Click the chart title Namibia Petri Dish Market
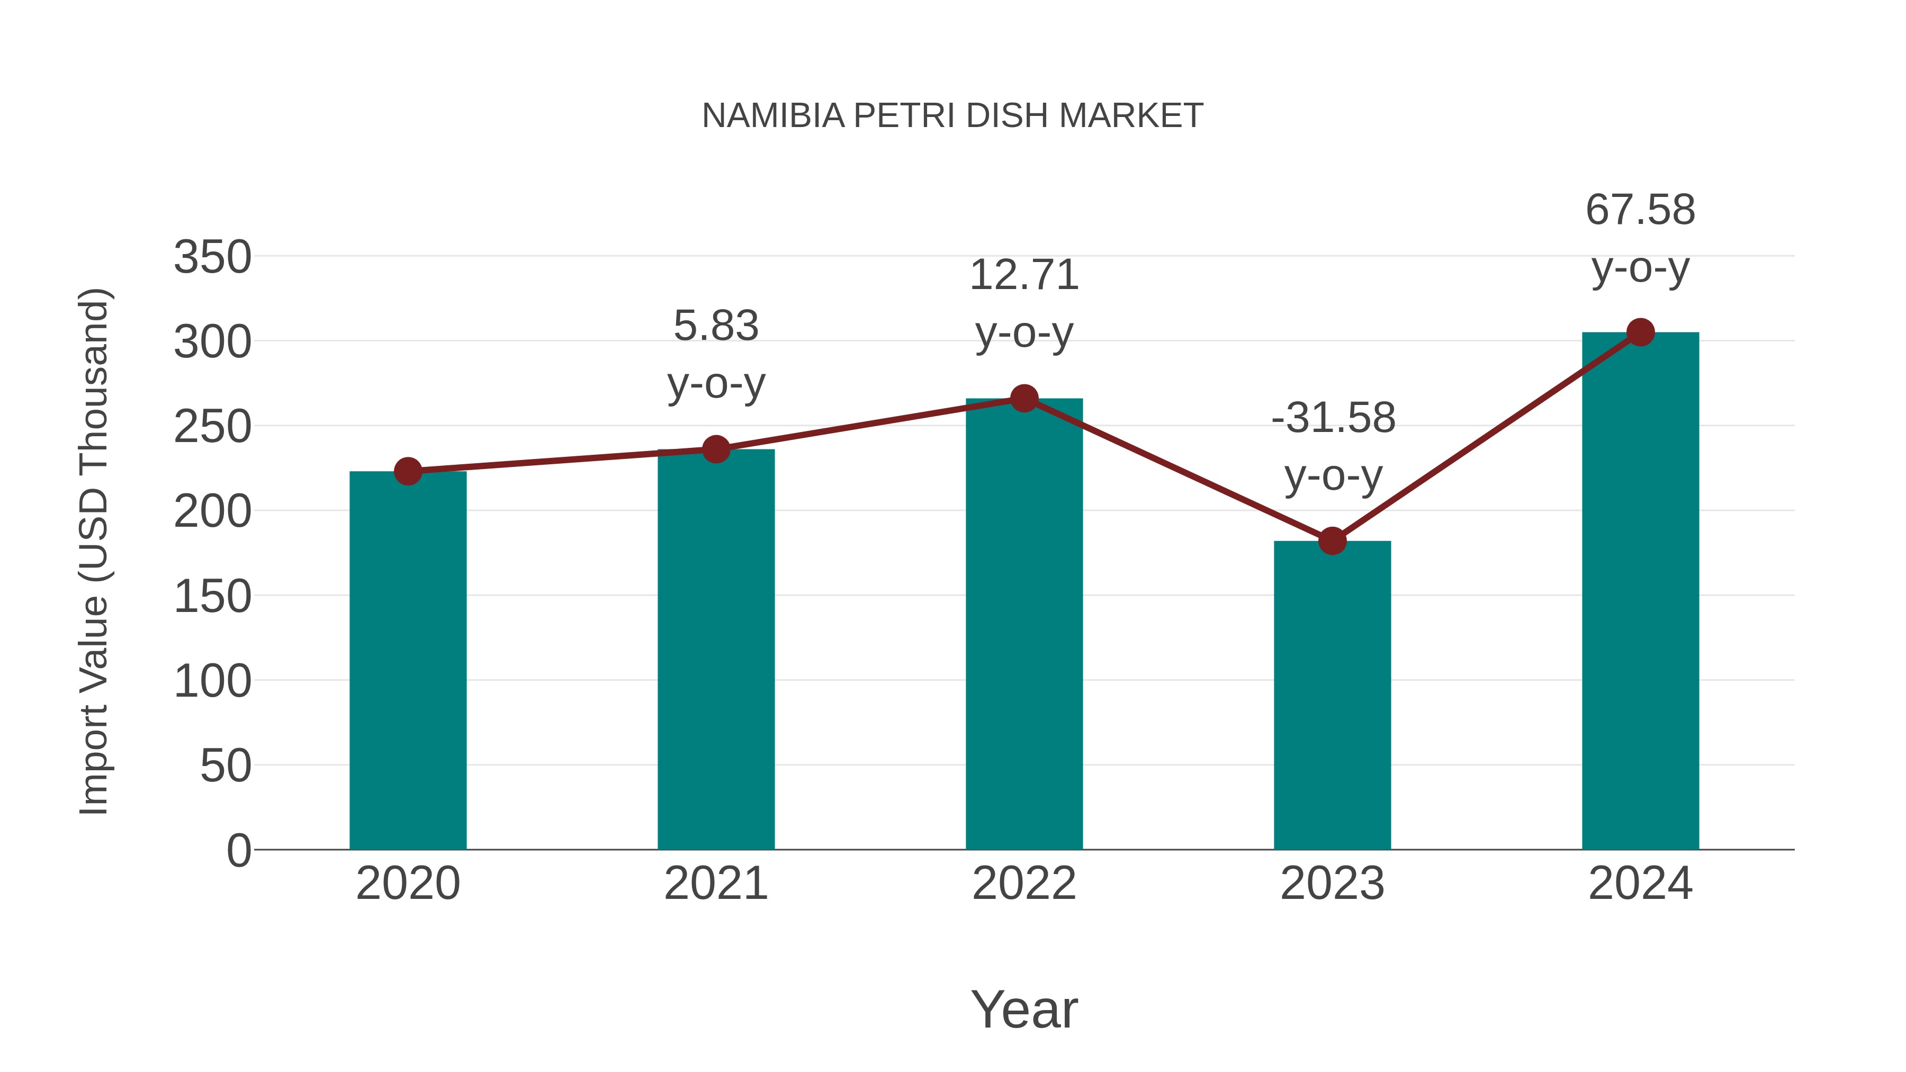[952, 116]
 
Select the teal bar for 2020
[408, 666]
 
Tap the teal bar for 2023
[1332, 703]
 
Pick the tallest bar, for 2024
[1640, 592]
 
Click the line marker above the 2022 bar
[1024, 399]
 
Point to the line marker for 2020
[408, 471]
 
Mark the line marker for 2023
[1332, 541]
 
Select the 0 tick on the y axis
[238, 850]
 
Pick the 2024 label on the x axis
[1640, 884]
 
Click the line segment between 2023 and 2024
[1486, 437]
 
